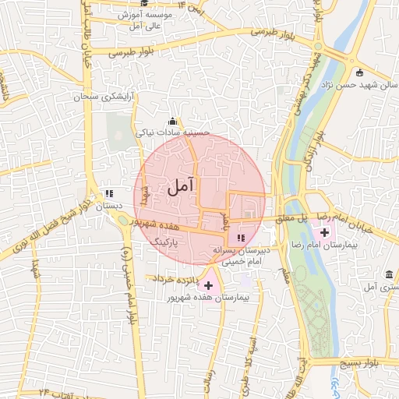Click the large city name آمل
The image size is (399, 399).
click(180, 187)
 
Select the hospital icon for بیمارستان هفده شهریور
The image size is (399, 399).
click(207, 286)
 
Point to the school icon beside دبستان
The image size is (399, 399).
click(109, 193)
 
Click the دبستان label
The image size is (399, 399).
click(109, 208)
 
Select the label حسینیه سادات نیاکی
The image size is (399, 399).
click(173, 133)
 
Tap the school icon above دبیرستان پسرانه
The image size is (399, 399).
click(240, 238)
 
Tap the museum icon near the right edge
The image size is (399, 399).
click(389, 274)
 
